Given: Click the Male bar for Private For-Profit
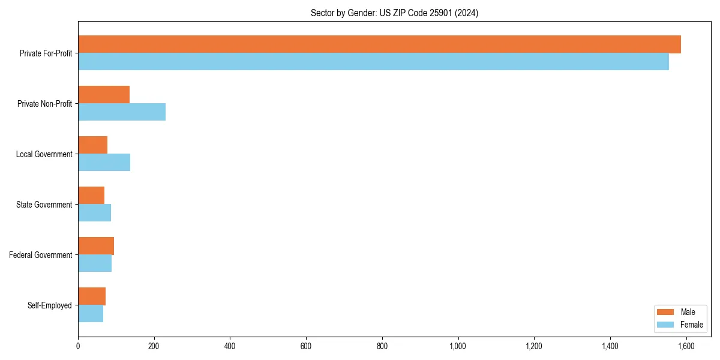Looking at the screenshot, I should [x=379, y=44].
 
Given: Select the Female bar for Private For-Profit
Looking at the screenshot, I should [x=373, y=62].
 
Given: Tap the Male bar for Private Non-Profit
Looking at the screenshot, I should [x=104, y=95].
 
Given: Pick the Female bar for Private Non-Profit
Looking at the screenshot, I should [x=122, y=112].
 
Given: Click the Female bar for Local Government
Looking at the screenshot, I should [x=104, y=163].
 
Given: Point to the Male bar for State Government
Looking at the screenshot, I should [x=91, y=196].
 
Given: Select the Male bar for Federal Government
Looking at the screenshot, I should [x=96, y=246].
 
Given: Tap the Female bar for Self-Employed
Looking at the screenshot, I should [x=91, y=314].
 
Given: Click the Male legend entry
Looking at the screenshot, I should [x=679, y=312].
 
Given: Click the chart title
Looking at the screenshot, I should [x=394, y=13].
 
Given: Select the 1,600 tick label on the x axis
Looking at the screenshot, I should [x=686, y=346].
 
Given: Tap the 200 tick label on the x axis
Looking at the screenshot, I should [x=154, y=346].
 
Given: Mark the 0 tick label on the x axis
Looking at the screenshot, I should [x=78, y=346].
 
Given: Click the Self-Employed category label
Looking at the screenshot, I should [x=50, y=305].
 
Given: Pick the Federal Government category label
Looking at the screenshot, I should [x=41, y=255].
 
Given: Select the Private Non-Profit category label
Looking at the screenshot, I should [x=44, y=104].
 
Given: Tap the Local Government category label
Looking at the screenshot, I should [x=44, y=154].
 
